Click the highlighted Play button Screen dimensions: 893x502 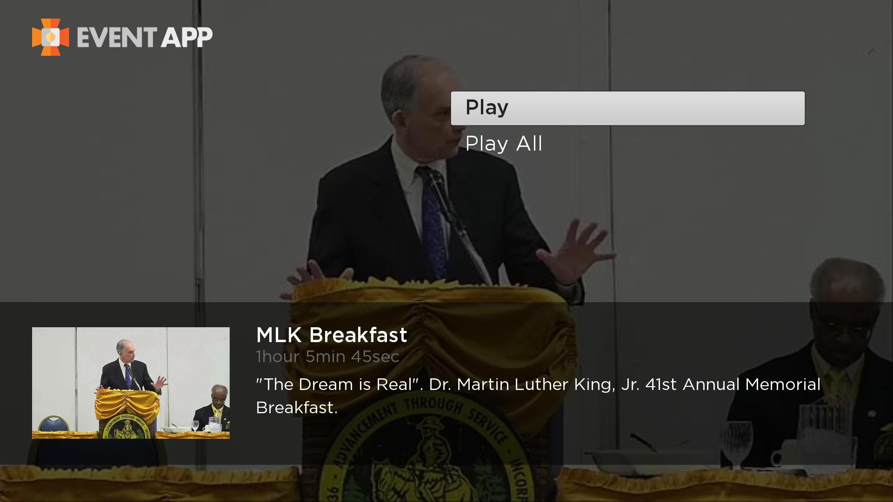pyautogui.click(x=627, y=108)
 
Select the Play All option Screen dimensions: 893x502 pyautogui.click(x=504, y=144)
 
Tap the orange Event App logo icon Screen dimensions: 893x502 pyautogui.click(x=50, y=37)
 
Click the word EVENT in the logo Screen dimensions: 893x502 pyautogui.click(x=117, y=37)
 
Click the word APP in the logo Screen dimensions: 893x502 pyautogui.click(x=187, y=37)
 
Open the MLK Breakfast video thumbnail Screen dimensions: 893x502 pyautogui.click(x=131, y=383)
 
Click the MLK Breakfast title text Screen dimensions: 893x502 pyautogui.click(x=332, y=335)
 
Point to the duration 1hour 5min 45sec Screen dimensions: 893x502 pyautogui.click(x=327, y=357)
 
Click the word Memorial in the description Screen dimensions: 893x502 pyautogui.click(x=783, y=384)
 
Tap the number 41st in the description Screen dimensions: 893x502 pyautogui.click(x=661, y=384)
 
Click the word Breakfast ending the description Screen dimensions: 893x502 pyautogui.click(x=296, y=408)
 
